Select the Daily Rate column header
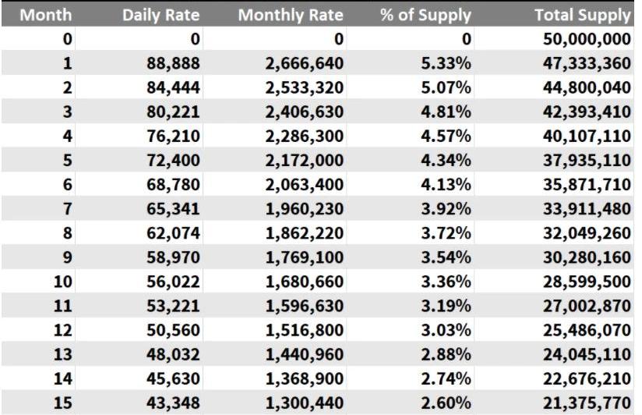[x=161, y=15]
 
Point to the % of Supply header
[x=425, y=15]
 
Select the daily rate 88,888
[x=174, y=63]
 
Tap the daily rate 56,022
[x=174, y=284]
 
